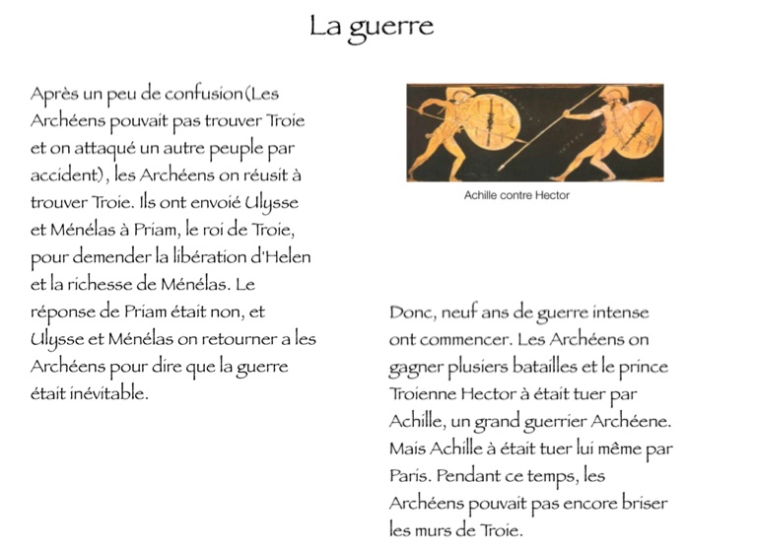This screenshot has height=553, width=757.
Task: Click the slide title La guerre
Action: click(x=371, y=27)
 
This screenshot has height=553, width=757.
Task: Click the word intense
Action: click(x=617, y=313)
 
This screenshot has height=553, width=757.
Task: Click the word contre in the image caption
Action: click(x=517, y=195)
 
